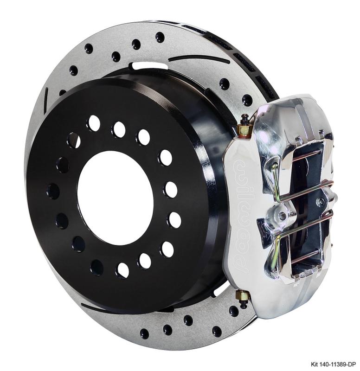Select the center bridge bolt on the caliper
(x=282, y=216)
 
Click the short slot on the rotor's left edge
(x=46, y=100)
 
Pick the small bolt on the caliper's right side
(x=320, y=202)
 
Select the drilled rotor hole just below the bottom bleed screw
(x=233, y=311)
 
